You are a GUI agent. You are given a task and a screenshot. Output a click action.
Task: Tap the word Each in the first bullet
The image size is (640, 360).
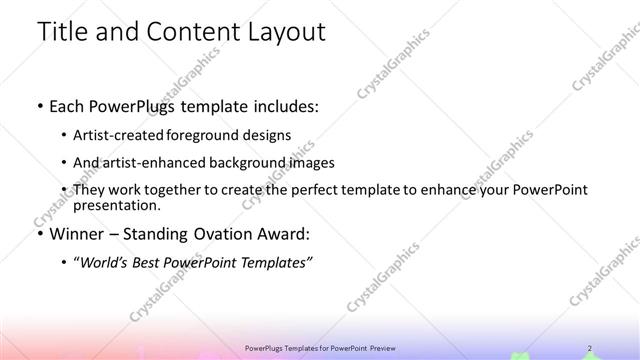pyautogui.click(x=67, y=105)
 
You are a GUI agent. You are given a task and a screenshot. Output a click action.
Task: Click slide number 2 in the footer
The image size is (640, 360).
pyautogui.click(x=589, y=347)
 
